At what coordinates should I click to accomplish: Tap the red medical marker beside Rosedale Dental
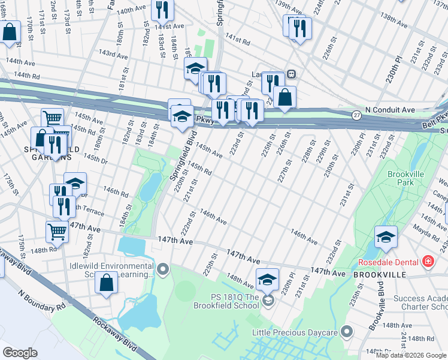pos(428,262)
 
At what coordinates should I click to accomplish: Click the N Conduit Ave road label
pos(390,110)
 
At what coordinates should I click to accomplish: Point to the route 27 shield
pos(356,115)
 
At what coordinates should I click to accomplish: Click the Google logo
pos(20,353)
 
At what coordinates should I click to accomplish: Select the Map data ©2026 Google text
pos(410,355)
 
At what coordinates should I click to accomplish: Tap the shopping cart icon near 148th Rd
pos(57,230)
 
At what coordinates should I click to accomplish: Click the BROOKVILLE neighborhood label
pos(380,274)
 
